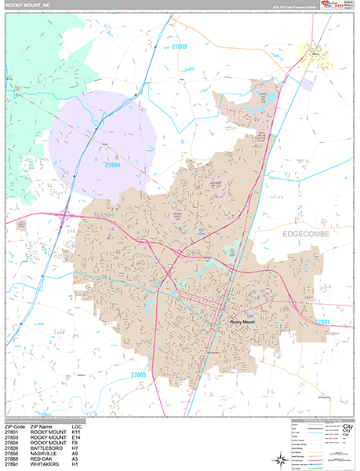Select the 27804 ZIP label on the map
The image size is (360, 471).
[x=112, y=165]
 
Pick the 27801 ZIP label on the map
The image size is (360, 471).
[x=322, y=322]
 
